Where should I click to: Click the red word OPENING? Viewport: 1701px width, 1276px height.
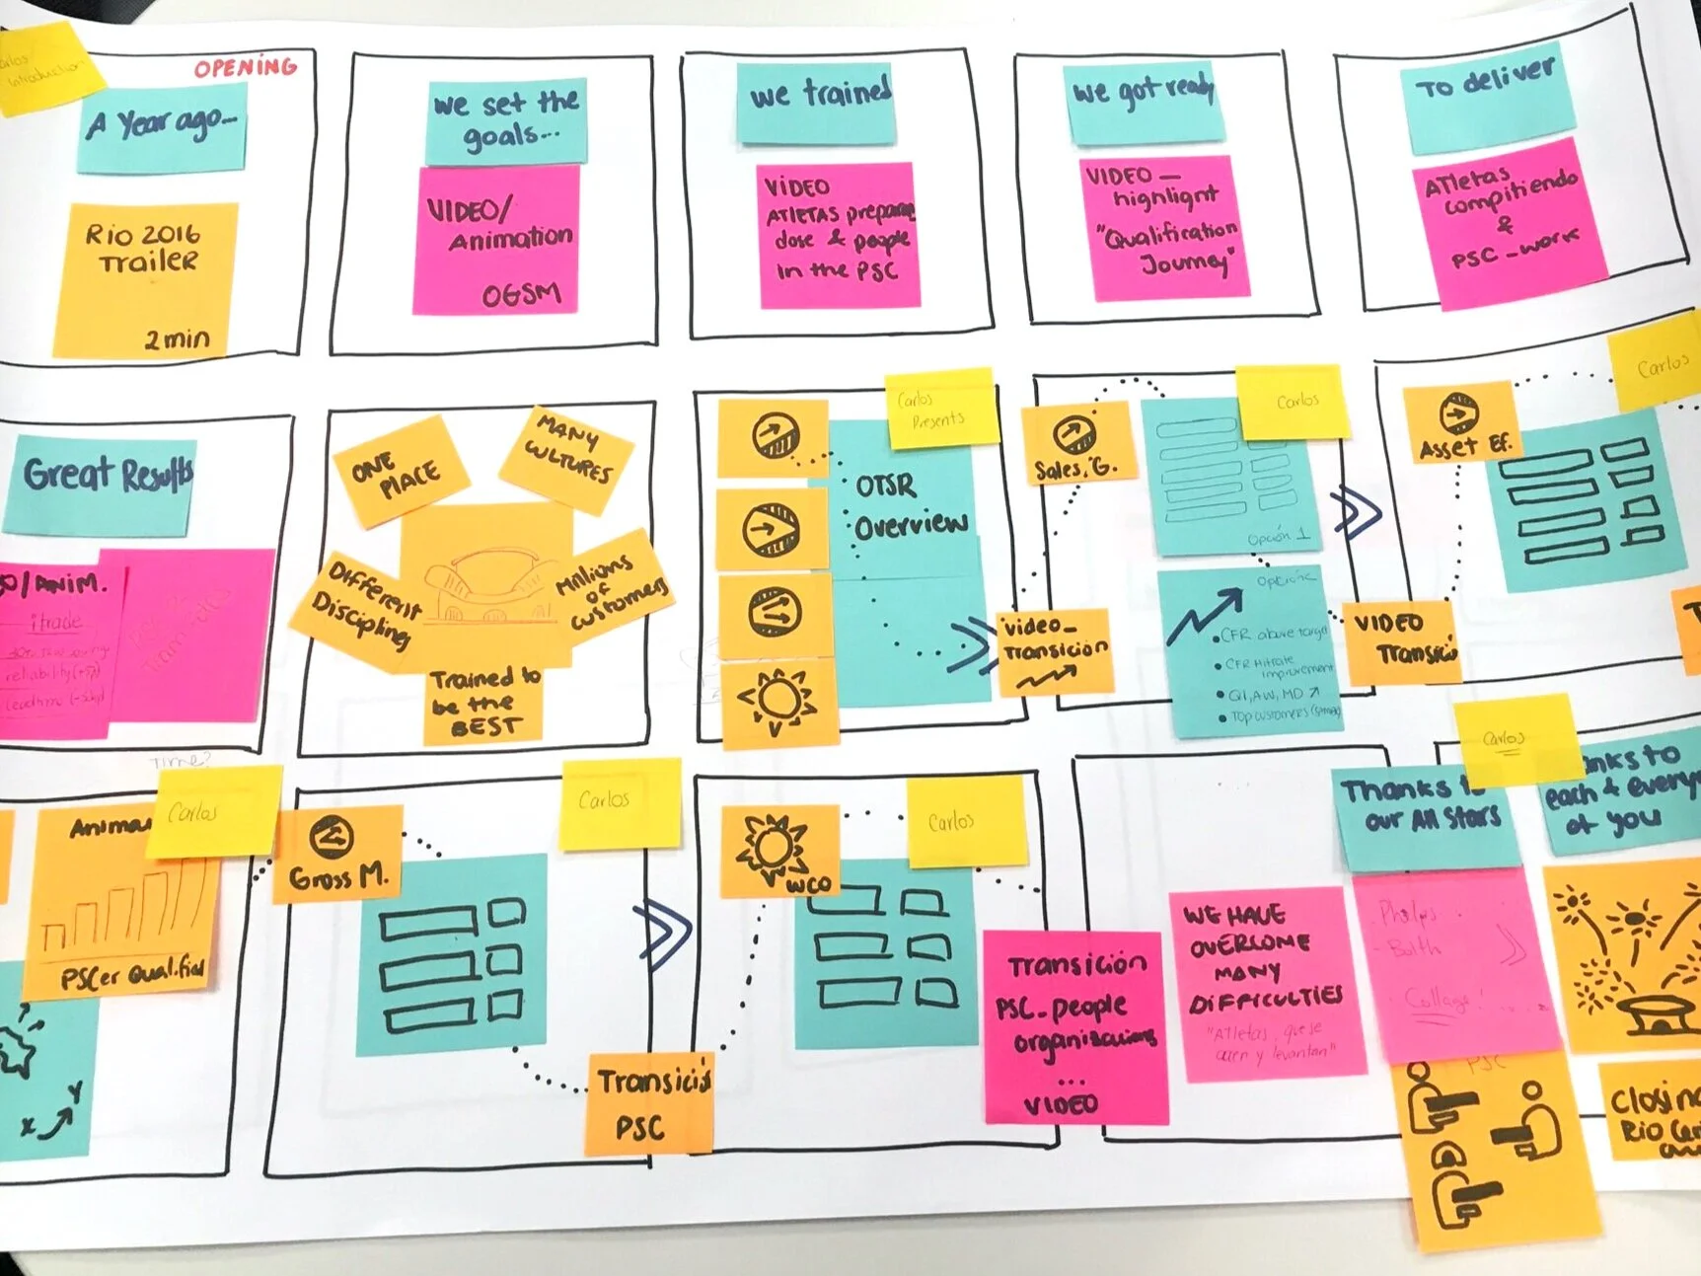246,67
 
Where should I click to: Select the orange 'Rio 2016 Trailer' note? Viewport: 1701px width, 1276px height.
145,279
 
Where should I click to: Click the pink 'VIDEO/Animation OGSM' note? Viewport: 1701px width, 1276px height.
498,242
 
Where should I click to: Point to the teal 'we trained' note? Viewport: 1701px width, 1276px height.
817,99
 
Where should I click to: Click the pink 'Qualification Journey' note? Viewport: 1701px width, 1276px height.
1164,226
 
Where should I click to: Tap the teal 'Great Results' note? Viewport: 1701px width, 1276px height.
104,485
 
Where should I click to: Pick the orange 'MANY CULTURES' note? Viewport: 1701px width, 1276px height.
567,458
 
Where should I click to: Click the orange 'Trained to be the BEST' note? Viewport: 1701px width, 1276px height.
483,703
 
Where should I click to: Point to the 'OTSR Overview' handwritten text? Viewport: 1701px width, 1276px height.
907,504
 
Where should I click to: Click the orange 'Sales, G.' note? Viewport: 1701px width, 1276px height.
1075,445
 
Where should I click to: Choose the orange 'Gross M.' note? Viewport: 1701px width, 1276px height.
338,853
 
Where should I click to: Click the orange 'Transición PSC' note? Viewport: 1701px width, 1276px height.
650,1103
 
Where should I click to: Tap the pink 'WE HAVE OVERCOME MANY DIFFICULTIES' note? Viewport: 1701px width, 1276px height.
1265,982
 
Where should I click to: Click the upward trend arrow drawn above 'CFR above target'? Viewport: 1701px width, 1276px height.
1206,612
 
